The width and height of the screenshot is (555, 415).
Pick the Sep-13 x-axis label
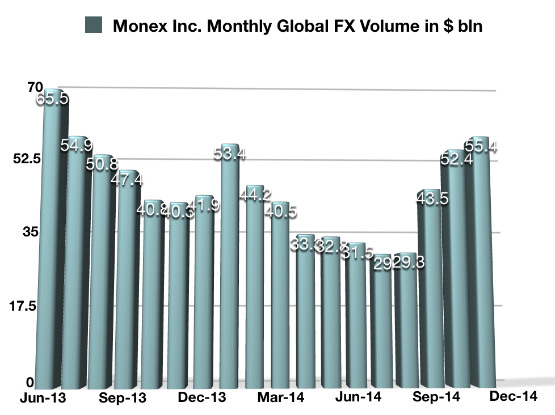tap(122, 398)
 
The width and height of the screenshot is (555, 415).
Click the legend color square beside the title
tap(93, 26)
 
